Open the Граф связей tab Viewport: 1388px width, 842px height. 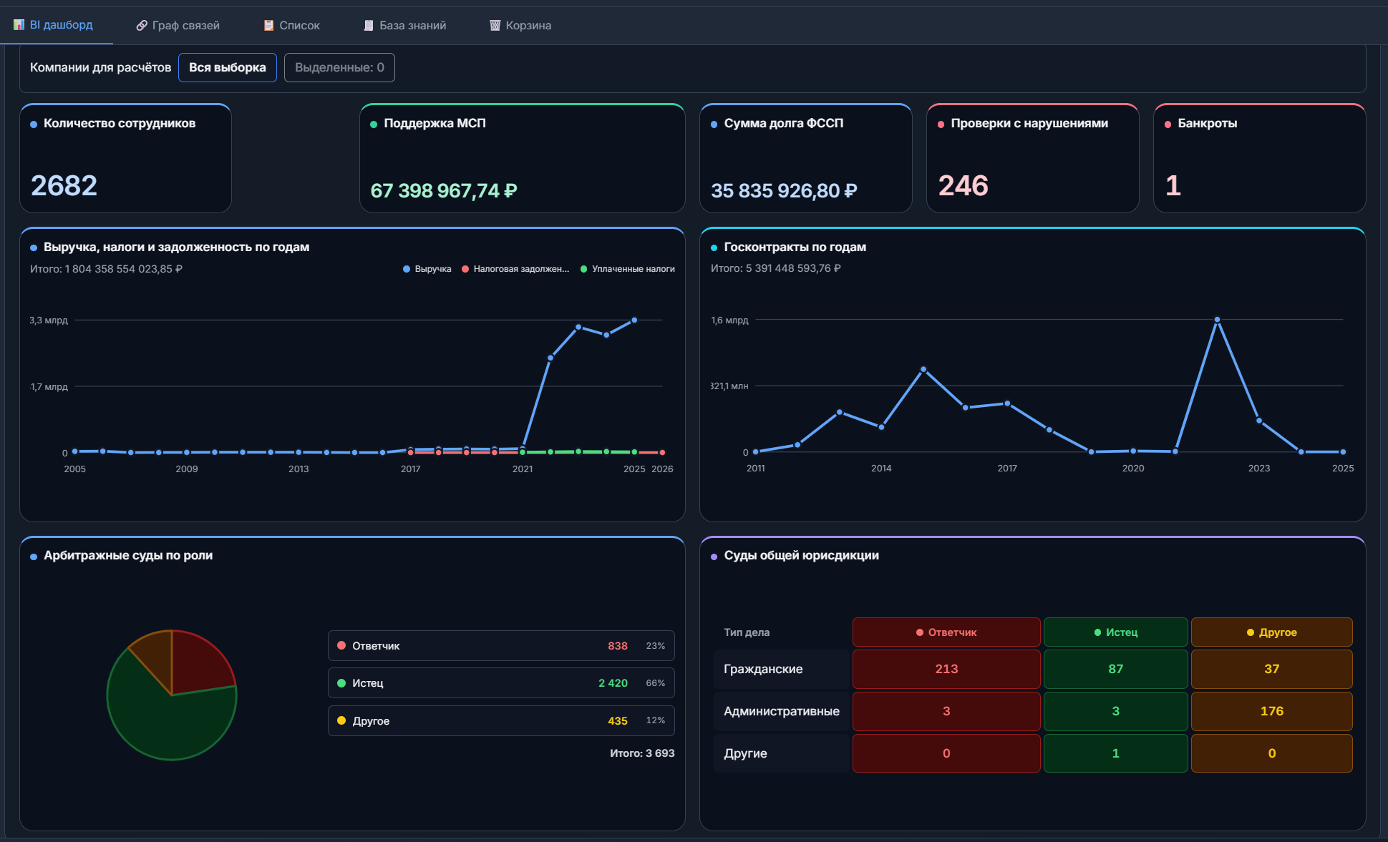(x=178, y=26)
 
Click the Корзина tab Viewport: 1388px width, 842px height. (x=520, y=26)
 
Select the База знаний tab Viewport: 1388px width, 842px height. (x=405, y=26)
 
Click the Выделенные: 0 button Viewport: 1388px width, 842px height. (x=339, y=67)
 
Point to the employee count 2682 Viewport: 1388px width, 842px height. (x=64, y=186)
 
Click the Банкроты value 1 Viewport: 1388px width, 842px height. (x=1173, y=186)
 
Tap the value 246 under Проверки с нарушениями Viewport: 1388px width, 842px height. (x=963, y=186)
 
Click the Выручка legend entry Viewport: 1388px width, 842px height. (x=427, y=269)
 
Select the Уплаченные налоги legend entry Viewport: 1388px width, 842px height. (x=628, y=269)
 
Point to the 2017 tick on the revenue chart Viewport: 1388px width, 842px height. (x=410, y=469)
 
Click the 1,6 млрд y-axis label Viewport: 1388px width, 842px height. (x=729, y=320)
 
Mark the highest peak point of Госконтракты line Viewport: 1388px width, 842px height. (x=1217, y=320)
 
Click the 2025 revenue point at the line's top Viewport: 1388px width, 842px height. (x=634, y=320)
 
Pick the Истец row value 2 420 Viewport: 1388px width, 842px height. (x=613, y=683)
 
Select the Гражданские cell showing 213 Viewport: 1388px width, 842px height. (x=946, y=669)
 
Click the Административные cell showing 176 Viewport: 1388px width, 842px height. (x=1271, y=711)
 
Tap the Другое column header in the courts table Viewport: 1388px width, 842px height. (x=1271, y=632)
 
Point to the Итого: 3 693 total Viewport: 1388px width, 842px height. (x=642, y=753)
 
